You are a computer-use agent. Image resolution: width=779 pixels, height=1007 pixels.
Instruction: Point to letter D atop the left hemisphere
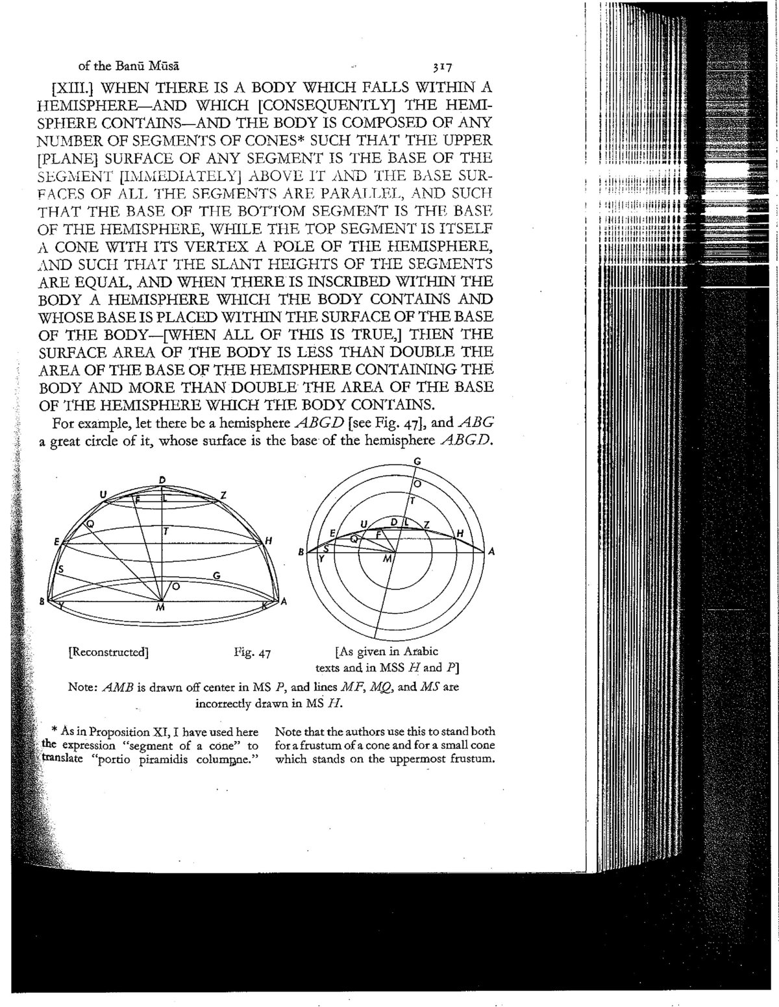click(x=162, y=479)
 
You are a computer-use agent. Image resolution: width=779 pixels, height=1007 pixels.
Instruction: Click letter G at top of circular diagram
click(x=418, y=461)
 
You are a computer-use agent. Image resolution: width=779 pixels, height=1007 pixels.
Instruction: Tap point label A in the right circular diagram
click(x=491, y=552)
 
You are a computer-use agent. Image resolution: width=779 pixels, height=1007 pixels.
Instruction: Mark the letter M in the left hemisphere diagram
click(x=160, y=608)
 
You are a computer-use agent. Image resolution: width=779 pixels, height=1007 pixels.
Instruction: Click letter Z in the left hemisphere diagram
click(x=223, y=496)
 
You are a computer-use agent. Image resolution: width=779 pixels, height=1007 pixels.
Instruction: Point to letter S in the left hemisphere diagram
click(x=60, y=569)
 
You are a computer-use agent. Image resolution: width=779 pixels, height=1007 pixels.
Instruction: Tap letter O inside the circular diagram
click(x=417, y=484)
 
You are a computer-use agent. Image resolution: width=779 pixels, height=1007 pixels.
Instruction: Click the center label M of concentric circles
click(x=388, y=559)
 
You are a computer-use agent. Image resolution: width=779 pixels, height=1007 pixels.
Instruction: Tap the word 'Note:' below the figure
click(x=81, y=686)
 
